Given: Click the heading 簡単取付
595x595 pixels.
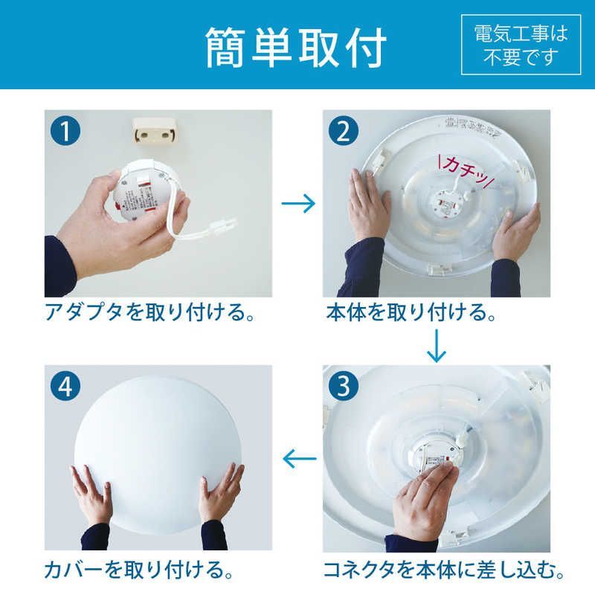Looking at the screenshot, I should coord(296,47).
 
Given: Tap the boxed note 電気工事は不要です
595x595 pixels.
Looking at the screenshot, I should coord(520,44).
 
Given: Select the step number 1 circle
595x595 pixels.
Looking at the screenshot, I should coord(67,132).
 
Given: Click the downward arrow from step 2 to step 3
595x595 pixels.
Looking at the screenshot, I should coord(436,344).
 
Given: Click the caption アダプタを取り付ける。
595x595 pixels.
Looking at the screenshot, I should coord(149,312).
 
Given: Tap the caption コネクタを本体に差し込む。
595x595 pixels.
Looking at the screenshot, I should coord(443,571).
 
